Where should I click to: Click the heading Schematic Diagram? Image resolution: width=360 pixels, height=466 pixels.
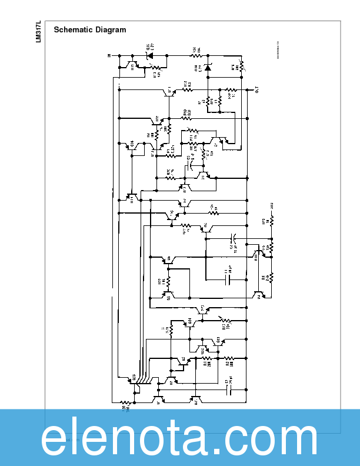pos(89,29)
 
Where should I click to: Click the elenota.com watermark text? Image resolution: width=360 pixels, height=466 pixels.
pos(180,439)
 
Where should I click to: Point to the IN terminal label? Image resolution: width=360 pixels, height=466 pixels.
pos(109,56)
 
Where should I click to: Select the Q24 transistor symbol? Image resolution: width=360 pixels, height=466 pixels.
pos(190,322)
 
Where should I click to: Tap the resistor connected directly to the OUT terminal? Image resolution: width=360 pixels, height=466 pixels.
pos(231,91)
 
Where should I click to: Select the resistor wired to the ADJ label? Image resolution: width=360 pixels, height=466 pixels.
pos(272,222)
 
